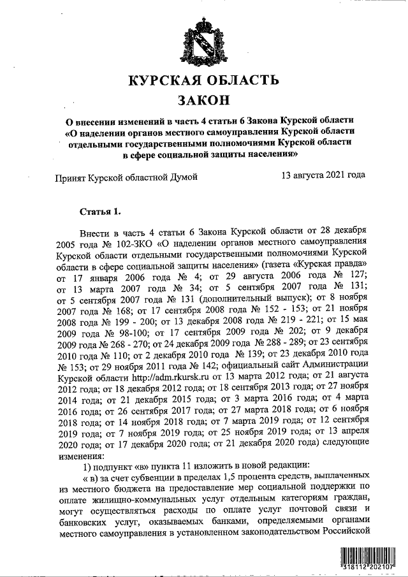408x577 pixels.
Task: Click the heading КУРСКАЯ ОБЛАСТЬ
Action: pyautogui.click(x=203, y=81)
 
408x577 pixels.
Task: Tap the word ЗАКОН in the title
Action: pyautogui.click(x=203, y=101)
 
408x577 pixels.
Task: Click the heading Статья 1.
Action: pyautogui.click(x=99, y=211)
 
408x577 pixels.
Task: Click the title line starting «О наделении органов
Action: pyautogui.click(x=210, y=132)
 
